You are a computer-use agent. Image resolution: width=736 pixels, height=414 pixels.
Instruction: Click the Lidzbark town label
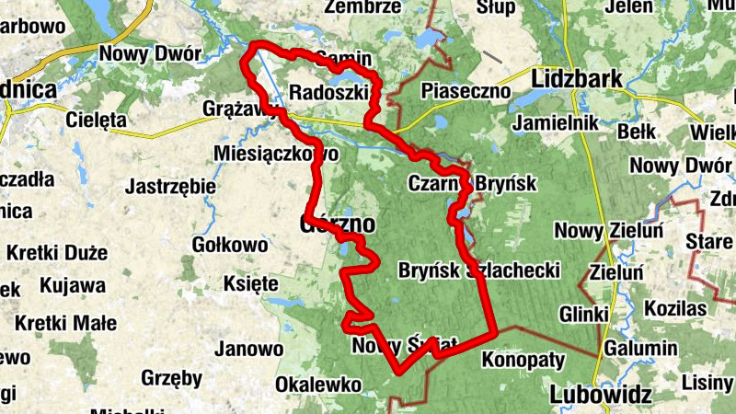578,79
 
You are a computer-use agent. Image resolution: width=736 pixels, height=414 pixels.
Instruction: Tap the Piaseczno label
466,91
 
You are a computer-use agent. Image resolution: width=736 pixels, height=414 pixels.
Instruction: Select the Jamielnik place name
558,122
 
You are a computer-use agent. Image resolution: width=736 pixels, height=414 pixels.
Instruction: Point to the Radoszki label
328,92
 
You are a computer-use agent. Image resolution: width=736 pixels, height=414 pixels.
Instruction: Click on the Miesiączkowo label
275,153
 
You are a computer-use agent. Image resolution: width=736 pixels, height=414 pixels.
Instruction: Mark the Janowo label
248,350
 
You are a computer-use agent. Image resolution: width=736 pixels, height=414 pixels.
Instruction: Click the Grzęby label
172,377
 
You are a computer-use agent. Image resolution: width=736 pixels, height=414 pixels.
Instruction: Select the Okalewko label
317,384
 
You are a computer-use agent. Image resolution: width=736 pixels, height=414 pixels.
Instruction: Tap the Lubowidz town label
601,396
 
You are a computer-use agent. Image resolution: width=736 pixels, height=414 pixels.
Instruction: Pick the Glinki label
583,315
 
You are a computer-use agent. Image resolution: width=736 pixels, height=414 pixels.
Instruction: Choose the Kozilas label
674,307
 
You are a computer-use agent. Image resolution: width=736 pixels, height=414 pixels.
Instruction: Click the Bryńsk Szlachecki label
479,270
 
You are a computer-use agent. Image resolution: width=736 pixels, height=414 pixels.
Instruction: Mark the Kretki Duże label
57,253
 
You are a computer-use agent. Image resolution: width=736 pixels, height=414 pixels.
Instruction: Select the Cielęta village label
95,120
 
